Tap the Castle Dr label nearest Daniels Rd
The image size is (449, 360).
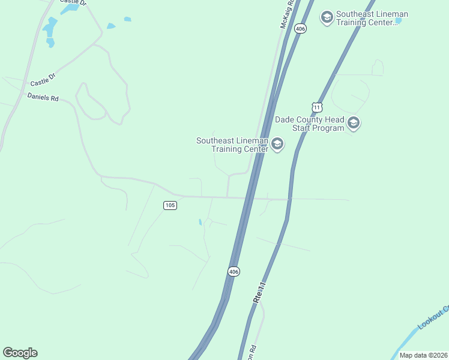click(43, 79)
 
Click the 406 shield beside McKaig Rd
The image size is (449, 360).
click(301, 28)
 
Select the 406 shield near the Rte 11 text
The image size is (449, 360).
click(234, 272)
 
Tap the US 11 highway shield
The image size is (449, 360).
click(318, 107)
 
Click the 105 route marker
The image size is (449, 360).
click(170, 205)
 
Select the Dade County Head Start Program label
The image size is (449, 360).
click(310, 124)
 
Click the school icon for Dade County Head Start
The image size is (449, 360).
click(354, 124)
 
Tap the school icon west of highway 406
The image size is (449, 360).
click(277, 145)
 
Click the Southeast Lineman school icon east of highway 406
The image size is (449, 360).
click(327, 17)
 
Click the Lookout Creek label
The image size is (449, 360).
click(433, 317)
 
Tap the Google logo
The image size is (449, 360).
click(20, 353)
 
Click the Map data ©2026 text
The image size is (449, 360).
click(423, 355)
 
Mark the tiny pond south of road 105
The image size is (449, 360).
click(200, 222)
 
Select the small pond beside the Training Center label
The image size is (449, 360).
click(398, 20)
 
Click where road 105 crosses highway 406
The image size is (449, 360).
click(247, 197)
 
